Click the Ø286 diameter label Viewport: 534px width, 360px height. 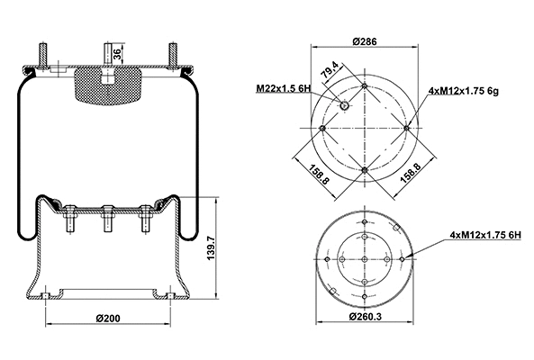364,41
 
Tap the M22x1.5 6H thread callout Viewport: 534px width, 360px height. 284,87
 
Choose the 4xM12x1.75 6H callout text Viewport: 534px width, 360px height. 487,235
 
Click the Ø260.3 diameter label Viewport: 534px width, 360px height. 364,318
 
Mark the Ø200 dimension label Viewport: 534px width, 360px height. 107,318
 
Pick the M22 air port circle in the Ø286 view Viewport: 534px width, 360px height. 345,107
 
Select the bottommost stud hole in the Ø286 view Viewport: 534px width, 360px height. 364,170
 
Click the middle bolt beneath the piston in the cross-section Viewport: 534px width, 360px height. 106,219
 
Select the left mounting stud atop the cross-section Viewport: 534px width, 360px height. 43,56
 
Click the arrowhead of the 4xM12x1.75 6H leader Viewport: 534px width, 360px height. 410,256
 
